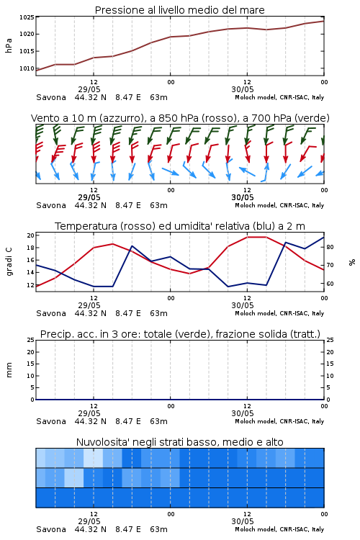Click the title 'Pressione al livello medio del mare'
179,10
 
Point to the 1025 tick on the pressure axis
27,17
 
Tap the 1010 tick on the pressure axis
27,68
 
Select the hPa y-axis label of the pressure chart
9,45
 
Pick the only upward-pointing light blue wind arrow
265,171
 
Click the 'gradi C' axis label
9,261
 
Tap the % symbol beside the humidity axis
352,262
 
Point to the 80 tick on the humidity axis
330,247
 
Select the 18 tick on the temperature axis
30,248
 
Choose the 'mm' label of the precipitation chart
9,369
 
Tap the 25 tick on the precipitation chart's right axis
330,341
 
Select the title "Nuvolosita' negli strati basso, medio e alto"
179,442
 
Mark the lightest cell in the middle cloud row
73,477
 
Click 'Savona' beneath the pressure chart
51,97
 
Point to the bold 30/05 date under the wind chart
243,198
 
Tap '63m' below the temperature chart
158,313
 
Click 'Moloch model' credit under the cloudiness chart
256,529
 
